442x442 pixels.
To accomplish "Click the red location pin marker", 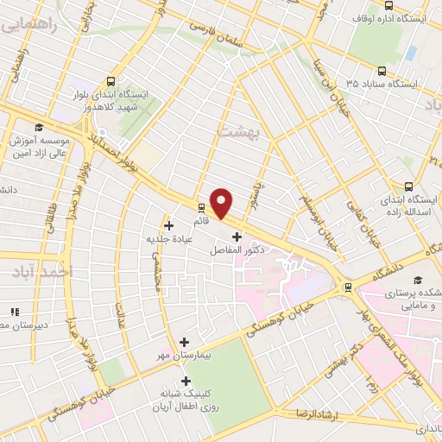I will point(222,202).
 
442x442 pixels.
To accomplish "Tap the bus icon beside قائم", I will point(201,207).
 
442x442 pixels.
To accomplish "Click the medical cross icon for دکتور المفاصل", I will point(237,236).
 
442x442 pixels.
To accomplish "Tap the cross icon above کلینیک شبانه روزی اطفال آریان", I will point(186,381).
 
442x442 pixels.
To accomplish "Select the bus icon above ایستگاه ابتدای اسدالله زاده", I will point(408,186).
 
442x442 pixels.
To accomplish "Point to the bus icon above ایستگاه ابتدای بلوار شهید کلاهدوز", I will point(108,78).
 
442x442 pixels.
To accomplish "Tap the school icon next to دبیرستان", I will point(13,312).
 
